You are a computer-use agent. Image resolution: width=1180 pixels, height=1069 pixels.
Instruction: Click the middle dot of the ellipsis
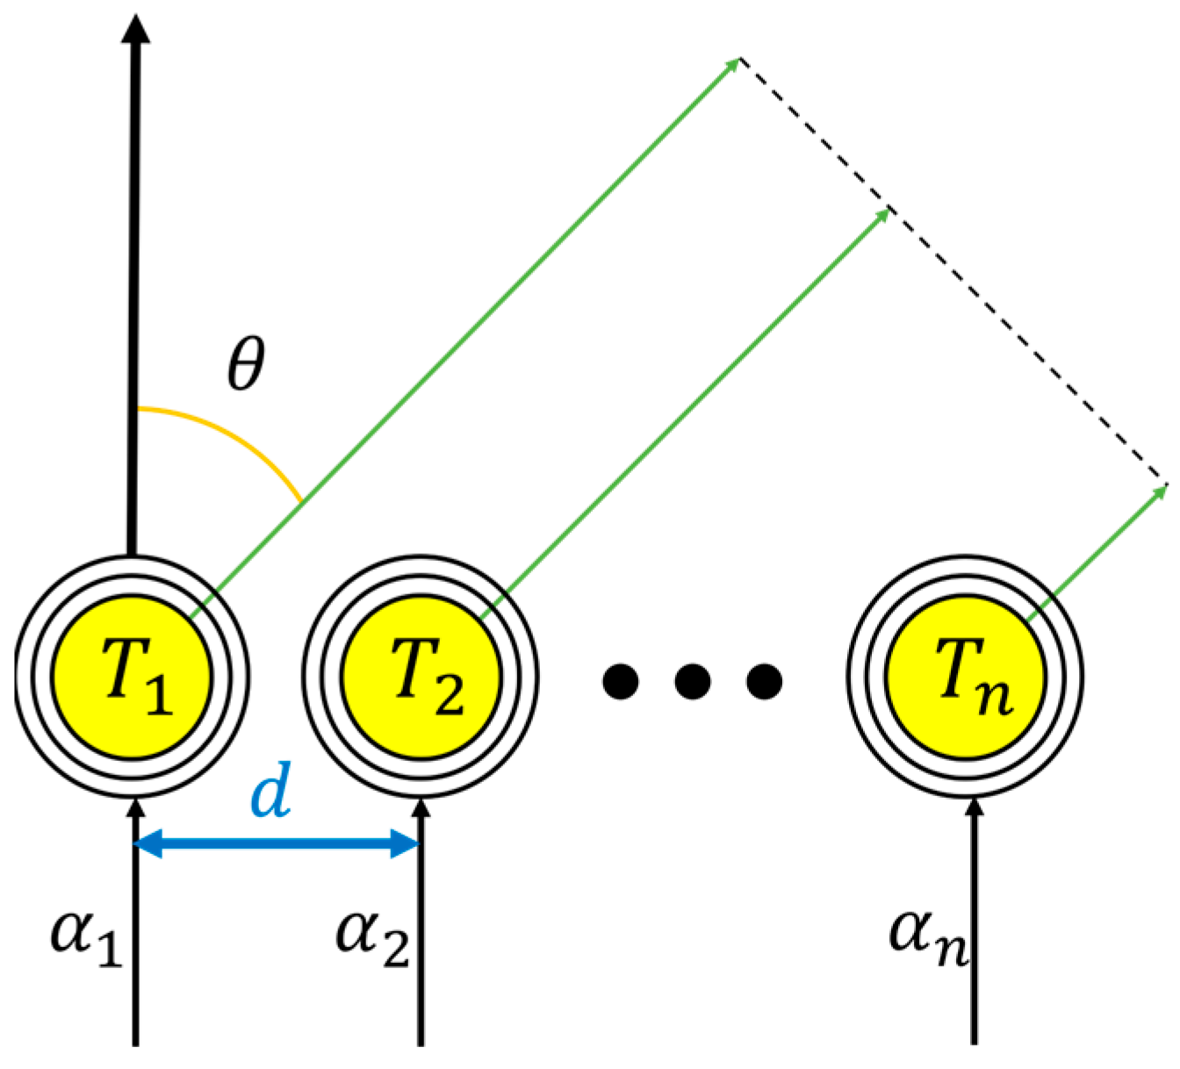pos(692,680)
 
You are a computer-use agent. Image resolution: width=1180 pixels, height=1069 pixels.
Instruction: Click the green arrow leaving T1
pos(465,334)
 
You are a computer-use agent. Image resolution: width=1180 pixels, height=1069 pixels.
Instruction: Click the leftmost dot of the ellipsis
pos(621,680)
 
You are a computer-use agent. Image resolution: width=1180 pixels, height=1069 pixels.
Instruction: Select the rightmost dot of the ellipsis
pos(764,680)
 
